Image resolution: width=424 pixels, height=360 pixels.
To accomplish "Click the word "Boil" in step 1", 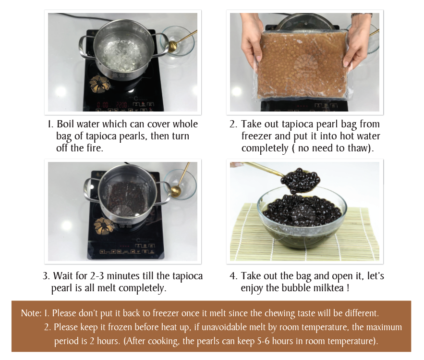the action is coord(65,124).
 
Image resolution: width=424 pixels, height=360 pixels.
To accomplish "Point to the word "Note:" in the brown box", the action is coord(31,313).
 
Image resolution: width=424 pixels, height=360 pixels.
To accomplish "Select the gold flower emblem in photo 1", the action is coord(100,83).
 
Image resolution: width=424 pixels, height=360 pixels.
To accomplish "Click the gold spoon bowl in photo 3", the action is coord(176,191).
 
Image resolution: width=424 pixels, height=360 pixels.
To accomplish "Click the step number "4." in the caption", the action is coord(233,276).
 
